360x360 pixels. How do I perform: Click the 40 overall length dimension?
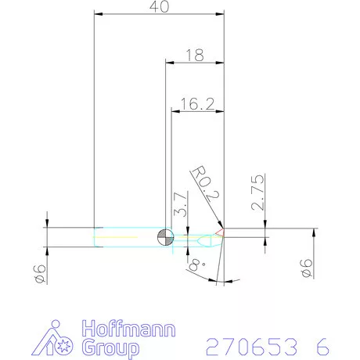click(159, 7)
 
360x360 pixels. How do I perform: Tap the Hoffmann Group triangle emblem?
click(56, 338)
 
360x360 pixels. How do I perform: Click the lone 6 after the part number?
click(322, 345)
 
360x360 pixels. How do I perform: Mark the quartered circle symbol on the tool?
click(165, 237)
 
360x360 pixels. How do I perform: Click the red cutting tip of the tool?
click(221, 232)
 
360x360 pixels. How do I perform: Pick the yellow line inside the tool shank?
click(125, 237)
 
